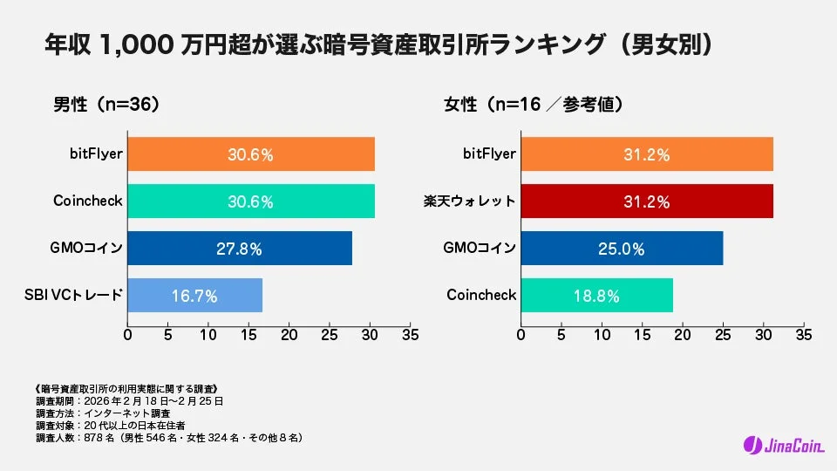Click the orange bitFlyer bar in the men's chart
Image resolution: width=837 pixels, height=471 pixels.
pos(251,154)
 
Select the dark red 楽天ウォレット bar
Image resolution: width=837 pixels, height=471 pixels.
pos(647,201)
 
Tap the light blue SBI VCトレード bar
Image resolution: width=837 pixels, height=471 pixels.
pos(195,296)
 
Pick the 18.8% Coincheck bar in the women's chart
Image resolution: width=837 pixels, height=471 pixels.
pos(597,296)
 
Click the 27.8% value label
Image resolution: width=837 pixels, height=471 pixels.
pos(239,249)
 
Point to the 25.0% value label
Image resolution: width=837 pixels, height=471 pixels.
pos(623,249)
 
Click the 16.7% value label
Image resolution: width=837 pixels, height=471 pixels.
pos(194,296)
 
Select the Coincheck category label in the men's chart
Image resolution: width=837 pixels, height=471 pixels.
pos(87,201)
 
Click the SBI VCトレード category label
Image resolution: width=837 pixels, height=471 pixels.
pos(75,296)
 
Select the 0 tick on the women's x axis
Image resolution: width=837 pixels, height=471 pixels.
pos(521,335)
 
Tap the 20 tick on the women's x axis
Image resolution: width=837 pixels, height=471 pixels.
pos(683,335)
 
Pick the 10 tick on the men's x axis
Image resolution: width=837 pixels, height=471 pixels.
pos(208,335)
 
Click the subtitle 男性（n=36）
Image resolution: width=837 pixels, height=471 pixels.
pos(105,105)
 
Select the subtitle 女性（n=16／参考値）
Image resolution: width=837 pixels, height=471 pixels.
pos(533,105)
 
